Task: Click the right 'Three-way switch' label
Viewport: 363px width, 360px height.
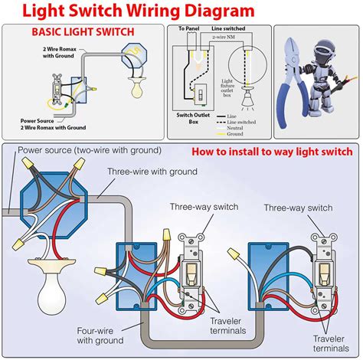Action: click(298, 207)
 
